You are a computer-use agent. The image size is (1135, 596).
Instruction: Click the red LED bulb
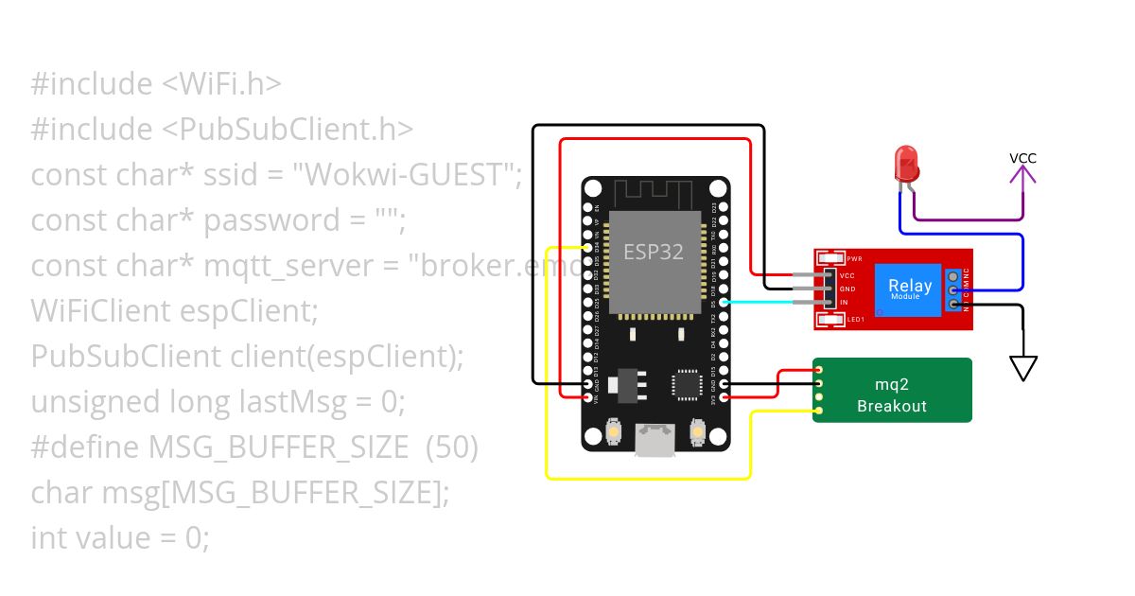[906, 163]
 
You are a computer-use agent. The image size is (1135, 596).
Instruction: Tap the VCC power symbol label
[1022, 158]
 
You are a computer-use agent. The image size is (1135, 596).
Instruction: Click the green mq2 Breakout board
[892, 390]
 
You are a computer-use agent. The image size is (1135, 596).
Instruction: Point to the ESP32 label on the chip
[653, 253]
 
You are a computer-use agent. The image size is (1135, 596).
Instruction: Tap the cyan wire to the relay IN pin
[757, 302]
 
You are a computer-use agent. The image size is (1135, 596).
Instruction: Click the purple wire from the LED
[965, 219]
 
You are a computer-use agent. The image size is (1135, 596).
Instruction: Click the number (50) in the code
[452, 447]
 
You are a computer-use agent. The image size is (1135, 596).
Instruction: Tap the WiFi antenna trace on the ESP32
[653, 192]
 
